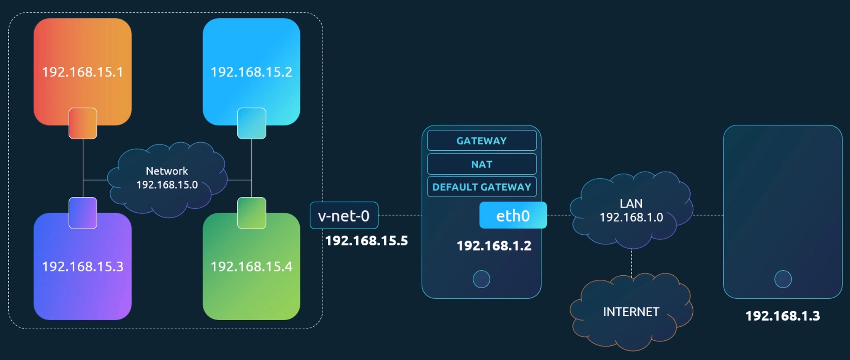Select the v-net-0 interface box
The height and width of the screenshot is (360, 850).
(344, 216)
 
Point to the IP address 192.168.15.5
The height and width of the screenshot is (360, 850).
(366, 241)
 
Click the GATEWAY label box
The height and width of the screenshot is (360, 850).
(481, 141)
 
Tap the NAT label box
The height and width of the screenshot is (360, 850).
(481, 164)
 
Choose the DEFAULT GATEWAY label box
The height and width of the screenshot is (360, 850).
(481, 187)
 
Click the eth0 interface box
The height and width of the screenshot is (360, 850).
(513, 216)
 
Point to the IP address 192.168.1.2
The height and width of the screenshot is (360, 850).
(494, 246)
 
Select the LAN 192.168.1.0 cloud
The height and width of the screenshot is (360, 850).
(631, 210)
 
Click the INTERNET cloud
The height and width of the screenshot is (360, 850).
(631, 312)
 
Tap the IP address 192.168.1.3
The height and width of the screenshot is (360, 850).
(783, 316)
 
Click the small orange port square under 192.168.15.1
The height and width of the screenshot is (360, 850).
(83, 123)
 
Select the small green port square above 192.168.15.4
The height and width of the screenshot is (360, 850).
(252, 213)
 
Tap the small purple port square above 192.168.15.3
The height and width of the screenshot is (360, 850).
(83, 213)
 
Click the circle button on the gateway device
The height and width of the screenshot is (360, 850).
(481, 279)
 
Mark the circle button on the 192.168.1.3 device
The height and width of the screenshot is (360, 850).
(783, 279)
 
